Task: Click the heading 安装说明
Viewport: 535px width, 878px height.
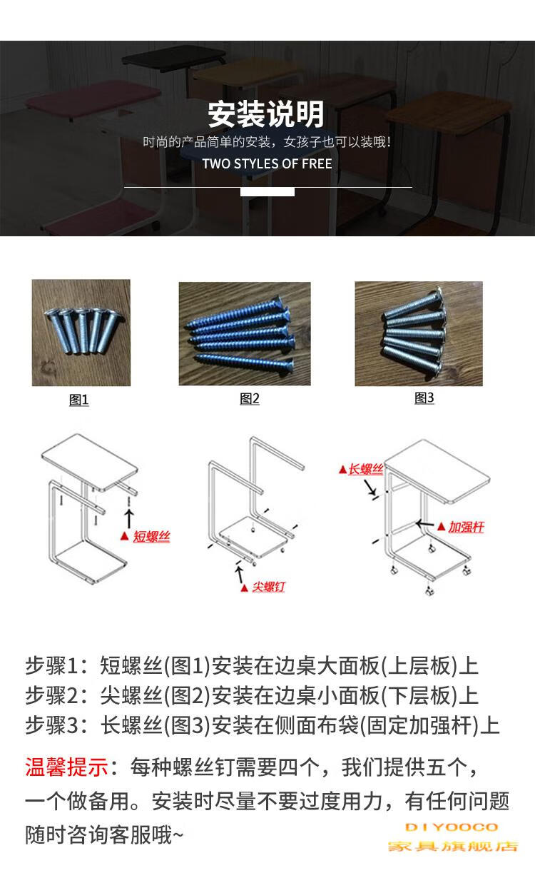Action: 266,114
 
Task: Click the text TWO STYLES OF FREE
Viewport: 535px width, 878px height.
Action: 267,163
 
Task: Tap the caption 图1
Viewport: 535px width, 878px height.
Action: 78,400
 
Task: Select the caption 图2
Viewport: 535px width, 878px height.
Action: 250,398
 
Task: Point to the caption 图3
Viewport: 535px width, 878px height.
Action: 424,398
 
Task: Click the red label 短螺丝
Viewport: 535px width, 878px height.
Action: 151,536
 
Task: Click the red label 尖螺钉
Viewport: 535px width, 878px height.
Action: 269,587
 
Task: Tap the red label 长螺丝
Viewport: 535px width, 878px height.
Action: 366,469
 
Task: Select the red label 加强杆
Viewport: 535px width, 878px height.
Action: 466,528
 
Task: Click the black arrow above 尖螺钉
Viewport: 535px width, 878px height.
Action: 239,574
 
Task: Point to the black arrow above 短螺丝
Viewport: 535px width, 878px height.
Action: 129,518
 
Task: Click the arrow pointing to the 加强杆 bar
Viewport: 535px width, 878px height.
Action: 425,524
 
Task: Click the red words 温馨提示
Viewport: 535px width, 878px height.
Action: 66,767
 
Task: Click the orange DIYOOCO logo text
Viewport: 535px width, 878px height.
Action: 452,827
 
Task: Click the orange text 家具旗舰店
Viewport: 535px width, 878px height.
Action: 453,847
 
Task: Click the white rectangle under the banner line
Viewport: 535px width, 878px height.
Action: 267,192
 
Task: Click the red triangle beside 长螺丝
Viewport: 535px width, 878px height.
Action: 342,469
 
